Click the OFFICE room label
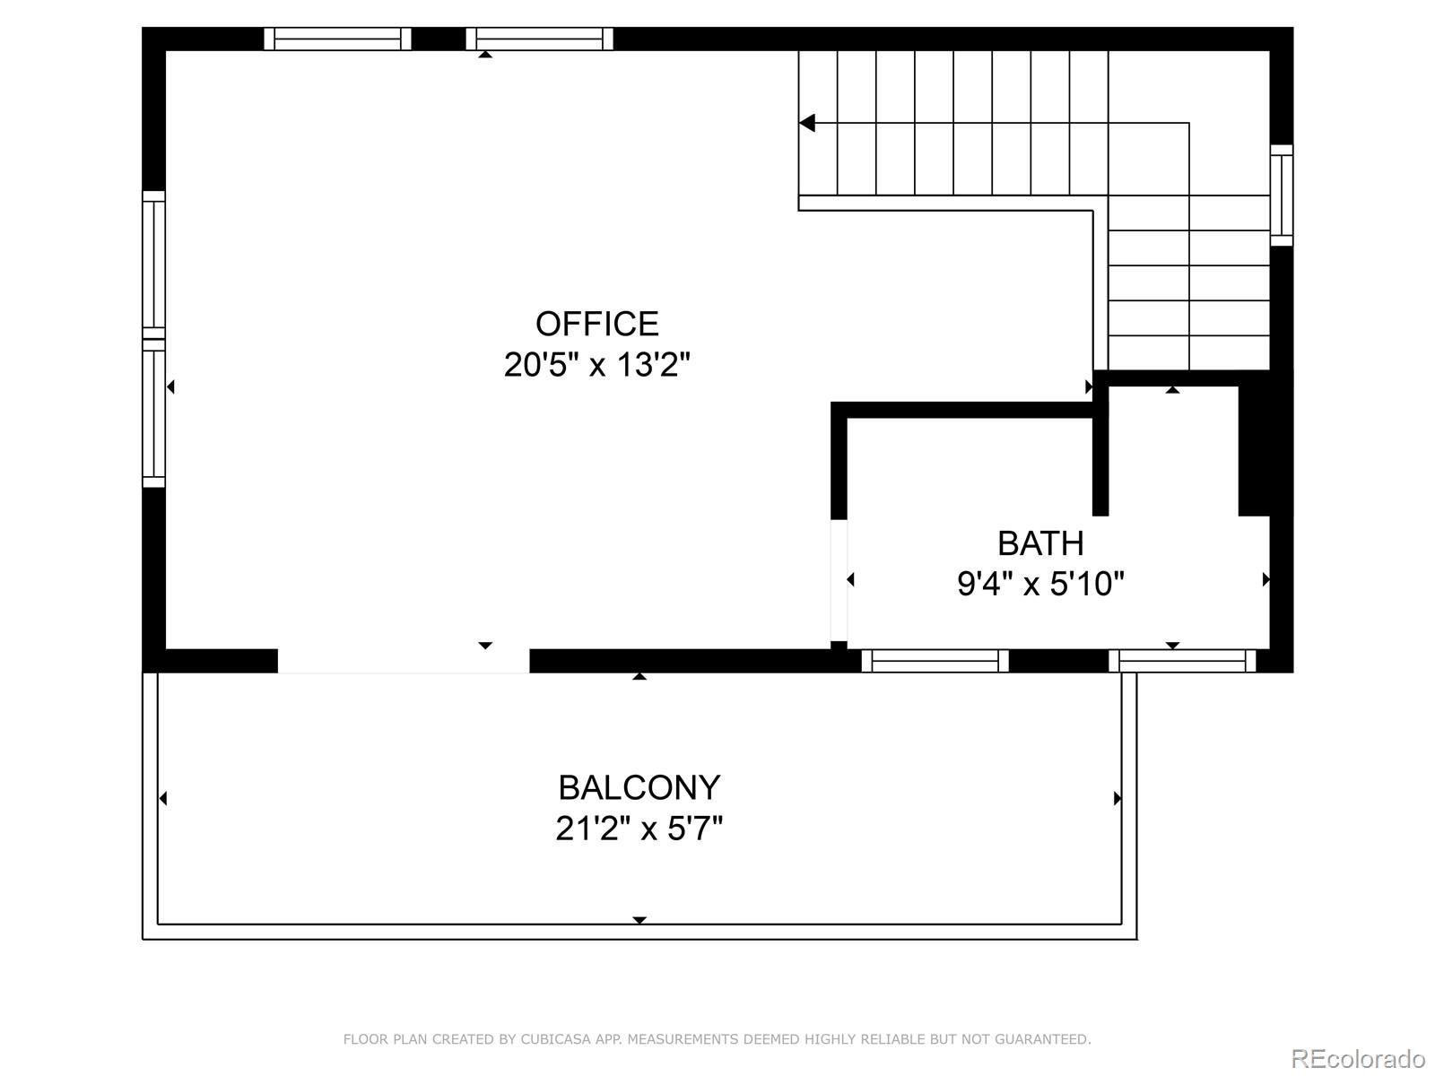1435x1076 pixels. [597, 324]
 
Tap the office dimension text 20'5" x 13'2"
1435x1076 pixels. [597, 365]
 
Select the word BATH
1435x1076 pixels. [1040, 543]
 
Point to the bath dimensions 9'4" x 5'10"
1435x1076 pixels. [1040, 584]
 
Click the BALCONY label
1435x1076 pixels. [639, 788]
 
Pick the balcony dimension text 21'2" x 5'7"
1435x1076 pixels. [639, 829]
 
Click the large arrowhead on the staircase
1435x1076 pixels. [807, 123]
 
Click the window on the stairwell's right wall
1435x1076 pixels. [1282, 195]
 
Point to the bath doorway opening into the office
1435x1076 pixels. [839, 580]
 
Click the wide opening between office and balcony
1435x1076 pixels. [404, 661]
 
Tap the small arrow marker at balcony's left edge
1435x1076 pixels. [163, 798]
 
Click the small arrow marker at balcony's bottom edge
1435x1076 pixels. [639, 920]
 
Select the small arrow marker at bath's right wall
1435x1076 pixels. [1265, 579]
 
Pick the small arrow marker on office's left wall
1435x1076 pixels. [170, 387]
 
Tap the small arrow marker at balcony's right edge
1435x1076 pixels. [1118, 798]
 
